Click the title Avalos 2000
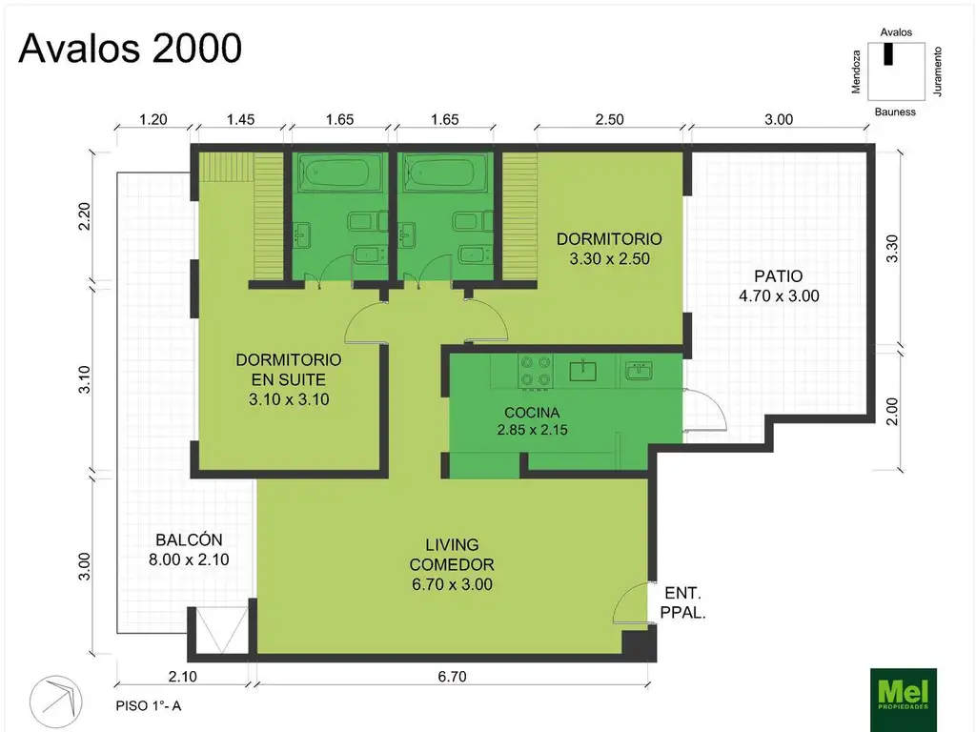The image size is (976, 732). pos(130,48)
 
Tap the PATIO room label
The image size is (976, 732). pos(779,276)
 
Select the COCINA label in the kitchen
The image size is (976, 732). pos(532,412)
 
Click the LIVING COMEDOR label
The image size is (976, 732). pos(452,555)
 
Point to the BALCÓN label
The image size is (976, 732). pos(189,539)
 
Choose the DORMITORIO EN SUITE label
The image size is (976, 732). pos(288,370)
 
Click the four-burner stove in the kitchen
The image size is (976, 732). pos(536,372)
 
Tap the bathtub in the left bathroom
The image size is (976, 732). pos(340,172)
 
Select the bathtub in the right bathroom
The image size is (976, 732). pos(445,172)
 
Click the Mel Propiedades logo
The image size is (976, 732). pos(903,699)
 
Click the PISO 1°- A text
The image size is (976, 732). pos(148,706)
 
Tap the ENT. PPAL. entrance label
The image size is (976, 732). pos(682,602)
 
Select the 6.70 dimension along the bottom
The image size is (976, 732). pos(452,677)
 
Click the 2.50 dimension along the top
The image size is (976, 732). pos(609,119)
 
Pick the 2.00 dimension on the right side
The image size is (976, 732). pos(892,412)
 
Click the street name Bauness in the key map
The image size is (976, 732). pos(895,112)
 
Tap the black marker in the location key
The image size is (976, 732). pos(888,53)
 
